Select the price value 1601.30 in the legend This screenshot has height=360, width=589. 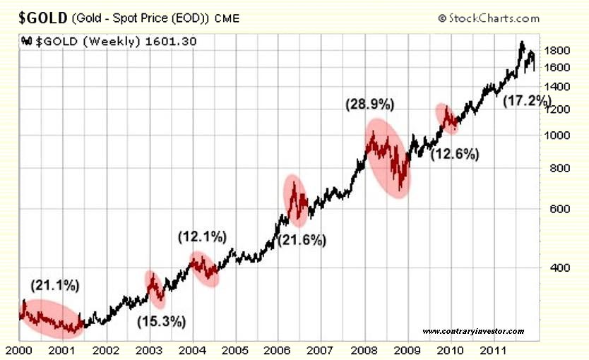pos(170,41)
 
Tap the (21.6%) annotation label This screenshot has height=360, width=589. pos(302,240)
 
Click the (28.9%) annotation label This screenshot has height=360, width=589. pos(369,104)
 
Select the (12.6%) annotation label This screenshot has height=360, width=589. pos(456,154)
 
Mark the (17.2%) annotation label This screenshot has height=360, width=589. pos(526,101)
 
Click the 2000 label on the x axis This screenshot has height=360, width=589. pos(20,349)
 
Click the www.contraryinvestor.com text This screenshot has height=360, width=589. pos(473,331)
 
